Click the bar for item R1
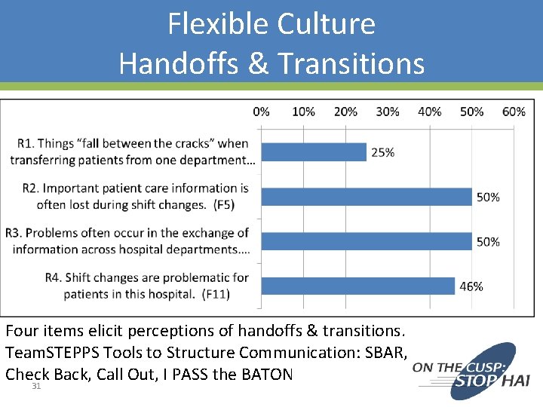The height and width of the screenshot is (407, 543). pyautogui.click(x=314, y=152)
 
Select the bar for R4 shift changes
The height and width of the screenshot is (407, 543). pyautogui.click(x=357, y=286)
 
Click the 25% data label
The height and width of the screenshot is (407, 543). pyautogui.click(x=382, y=152)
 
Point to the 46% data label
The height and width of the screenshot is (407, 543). pyautogui.click(x=471, y=286)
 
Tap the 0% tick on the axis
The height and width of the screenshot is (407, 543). pyautogui.click(x=261, y=112)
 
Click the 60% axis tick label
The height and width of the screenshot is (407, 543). pyautogui.click(x=514, y=112)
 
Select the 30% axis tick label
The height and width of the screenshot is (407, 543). pyautogui.click(x=388, y=112)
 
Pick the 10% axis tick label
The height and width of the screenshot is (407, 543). pyautogui.click(x=303, y=112)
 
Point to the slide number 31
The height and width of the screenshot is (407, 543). pyautogui.click(x=36, y=387)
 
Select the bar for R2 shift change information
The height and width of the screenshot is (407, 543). pyautogui.click(x=366, y=197)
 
